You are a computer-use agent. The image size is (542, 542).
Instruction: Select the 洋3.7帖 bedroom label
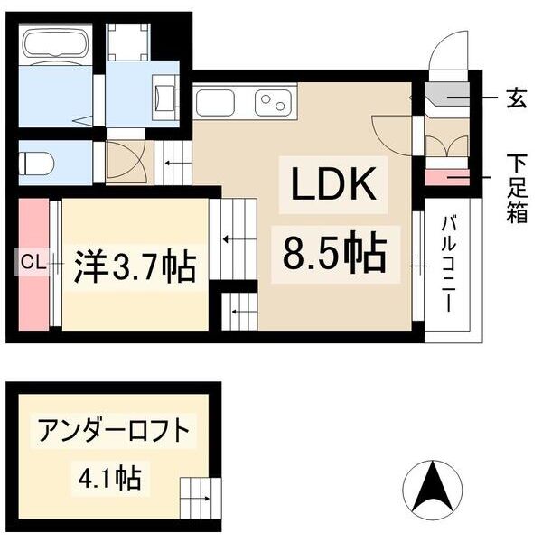coord(135,266)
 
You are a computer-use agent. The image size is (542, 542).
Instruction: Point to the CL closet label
coord(33,263)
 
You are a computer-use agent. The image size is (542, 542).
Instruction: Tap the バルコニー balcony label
coord(447,263)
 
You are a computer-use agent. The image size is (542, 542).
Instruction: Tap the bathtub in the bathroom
coord(53,46)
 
